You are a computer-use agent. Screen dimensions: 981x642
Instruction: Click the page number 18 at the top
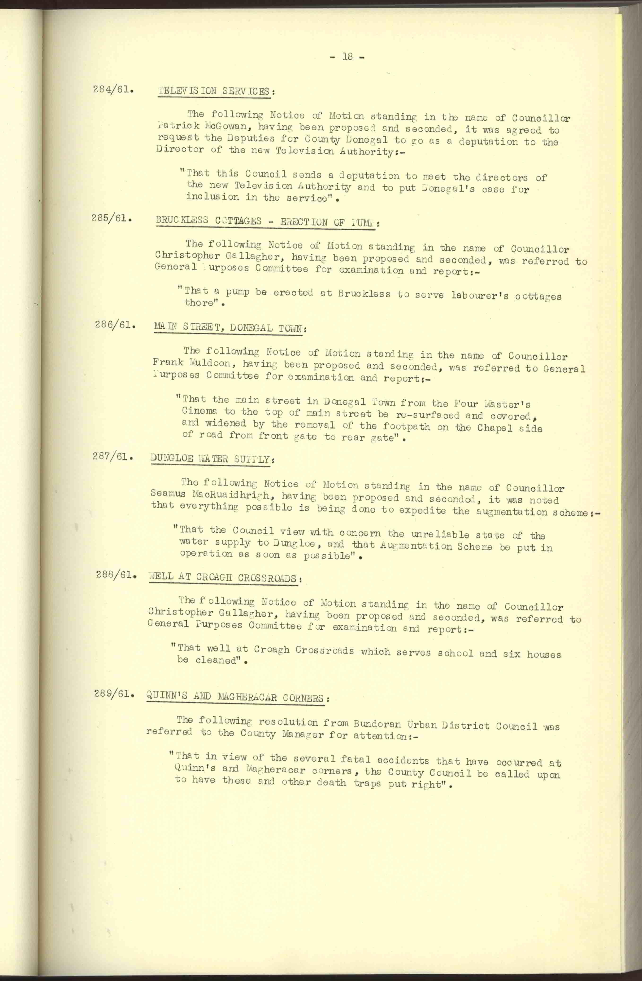[x=347, y=57]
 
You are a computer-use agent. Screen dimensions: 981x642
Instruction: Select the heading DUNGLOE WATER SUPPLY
[x=210, y=459]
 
